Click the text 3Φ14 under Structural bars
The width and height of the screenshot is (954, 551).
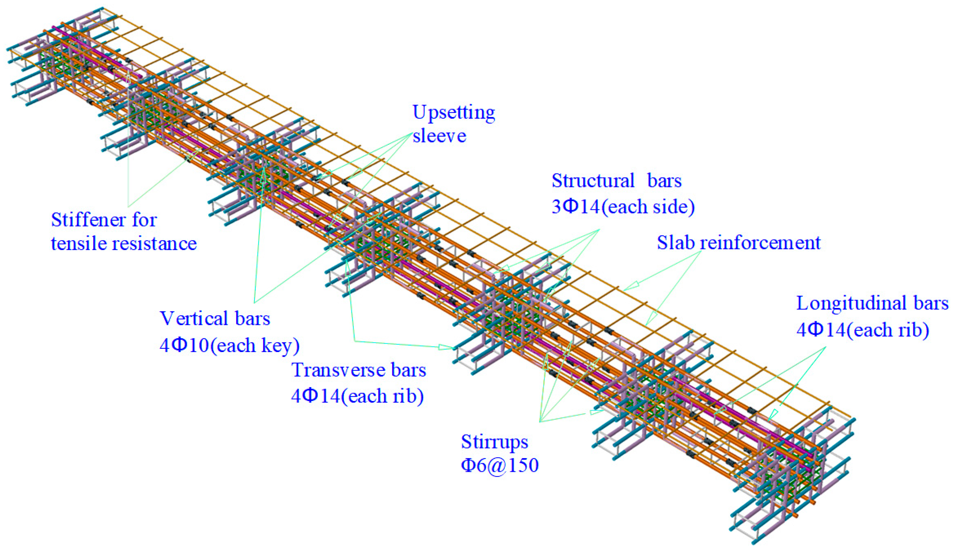pyautogui.click(x=576, y=207)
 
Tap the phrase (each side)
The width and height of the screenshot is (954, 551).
pyautogui.click(x=648, y=207)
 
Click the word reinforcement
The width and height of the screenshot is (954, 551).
pyautogui.click(x=760, y=243)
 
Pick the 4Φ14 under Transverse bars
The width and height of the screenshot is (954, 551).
pyautogui.click(x=315, y=396)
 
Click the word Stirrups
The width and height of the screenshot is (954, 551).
pyautogui.click(x=494, y=442)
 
